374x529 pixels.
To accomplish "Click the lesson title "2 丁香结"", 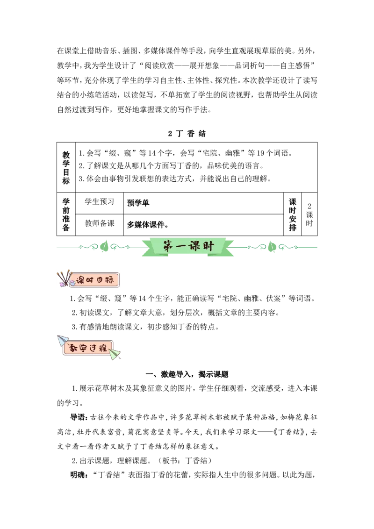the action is click(187, 134).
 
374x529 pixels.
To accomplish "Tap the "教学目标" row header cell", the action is click(66, 167).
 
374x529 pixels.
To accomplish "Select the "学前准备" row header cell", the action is click(66, 214).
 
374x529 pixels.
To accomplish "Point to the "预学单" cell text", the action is click(138, 203).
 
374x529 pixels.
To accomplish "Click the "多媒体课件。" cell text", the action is click(148, 224).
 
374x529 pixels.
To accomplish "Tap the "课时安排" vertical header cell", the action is click(292, 214).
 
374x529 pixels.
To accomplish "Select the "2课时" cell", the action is click(309, 214).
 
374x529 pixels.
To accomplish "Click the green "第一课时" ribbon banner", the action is click(188, 247).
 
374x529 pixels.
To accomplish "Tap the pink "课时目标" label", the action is click(94, 280).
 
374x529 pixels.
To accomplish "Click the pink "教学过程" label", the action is click(88, 348).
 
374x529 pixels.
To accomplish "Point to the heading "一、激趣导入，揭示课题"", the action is click(187, 374).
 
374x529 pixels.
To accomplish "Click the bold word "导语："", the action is click(79, 417).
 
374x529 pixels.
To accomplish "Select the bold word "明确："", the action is click(79, 475).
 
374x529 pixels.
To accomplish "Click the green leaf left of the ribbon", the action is click(104, 246).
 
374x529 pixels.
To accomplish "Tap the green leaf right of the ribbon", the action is click(272, 247).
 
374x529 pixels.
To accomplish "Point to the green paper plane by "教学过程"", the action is click(115, 354).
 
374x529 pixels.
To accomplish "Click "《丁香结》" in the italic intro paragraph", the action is click(287, 432).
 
